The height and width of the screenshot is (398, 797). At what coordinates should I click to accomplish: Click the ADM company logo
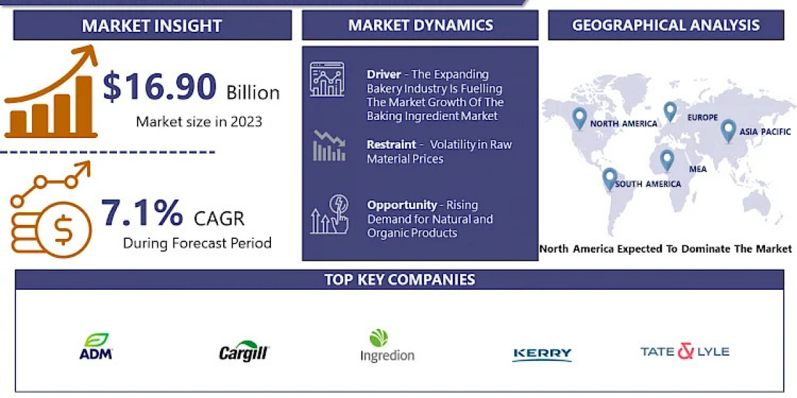pos(96,346)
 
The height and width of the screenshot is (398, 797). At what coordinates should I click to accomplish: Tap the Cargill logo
pos(244,351)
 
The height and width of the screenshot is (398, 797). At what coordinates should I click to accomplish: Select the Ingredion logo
pos(387,346)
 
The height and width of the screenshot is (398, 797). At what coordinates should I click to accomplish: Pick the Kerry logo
pos(542,354)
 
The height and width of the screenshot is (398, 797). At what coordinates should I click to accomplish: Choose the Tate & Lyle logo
pos(685,351)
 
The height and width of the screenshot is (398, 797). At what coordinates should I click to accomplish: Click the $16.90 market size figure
pos(159,86)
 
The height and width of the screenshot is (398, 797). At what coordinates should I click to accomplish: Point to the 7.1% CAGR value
pos(142,213)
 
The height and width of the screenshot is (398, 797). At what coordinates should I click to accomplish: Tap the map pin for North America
pos(579,118)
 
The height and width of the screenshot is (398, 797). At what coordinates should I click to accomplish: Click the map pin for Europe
pos(670,112)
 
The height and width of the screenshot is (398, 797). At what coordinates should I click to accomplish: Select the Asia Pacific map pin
pos(729,131)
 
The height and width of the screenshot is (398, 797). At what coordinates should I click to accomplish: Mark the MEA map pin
pos(667,161)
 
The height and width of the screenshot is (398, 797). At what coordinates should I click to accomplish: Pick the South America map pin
pos(610,178)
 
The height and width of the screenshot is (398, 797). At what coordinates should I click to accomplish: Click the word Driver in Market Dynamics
pos(384,74)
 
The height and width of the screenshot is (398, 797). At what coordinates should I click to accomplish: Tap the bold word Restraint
pos(391,145)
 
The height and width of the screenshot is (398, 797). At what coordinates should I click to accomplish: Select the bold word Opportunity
pos(402,205)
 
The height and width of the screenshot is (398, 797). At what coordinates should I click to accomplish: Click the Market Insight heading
pos(152,26)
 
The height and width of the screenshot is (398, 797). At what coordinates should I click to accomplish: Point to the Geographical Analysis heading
pos(665,25)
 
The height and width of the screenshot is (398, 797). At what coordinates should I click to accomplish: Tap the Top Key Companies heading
pos(400,280)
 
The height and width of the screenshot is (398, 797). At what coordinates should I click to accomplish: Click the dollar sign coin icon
pos(63,230)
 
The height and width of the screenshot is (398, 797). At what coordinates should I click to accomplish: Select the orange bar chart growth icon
pos(51,92)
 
